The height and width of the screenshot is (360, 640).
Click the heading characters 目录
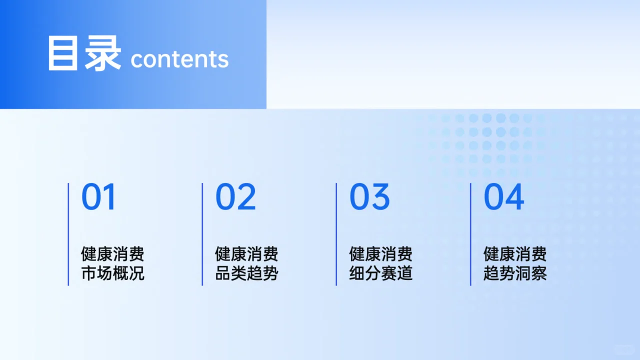pos(84,53)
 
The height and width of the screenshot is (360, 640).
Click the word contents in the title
pos(179,59)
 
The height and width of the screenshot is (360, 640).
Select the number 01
pos(98,197)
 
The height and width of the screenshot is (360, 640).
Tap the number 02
pos(235,197)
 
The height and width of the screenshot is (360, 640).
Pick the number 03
pos(369,197)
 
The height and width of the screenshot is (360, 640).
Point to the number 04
pos(503,197)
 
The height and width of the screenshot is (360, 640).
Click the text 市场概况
pos(112,273)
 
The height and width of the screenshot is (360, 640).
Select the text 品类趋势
pos(246,273)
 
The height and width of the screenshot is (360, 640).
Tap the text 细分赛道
pos(380,273)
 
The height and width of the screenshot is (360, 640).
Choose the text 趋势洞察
pos(514,273)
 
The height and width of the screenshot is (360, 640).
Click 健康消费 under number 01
pos(112,254)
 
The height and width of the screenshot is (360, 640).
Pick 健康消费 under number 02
pos(246,254)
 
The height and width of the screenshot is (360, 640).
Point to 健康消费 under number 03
pos(380,254)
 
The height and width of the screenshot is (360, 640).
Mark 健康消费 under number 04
pos(514,254)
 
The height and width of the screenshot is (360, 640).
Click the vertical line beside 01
pos(68,234)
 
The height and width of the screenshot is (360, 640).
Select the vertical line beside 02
pos(202,234)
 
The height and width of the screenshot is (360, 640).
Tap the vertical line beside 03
pos(336,234)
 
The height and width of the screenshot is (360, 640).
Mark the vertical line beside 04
pos(470,234)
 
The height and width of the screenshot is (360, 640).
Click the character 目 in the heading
pos(63,53)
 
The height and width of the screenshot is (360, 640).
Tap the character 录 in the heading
pos(103,53)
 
